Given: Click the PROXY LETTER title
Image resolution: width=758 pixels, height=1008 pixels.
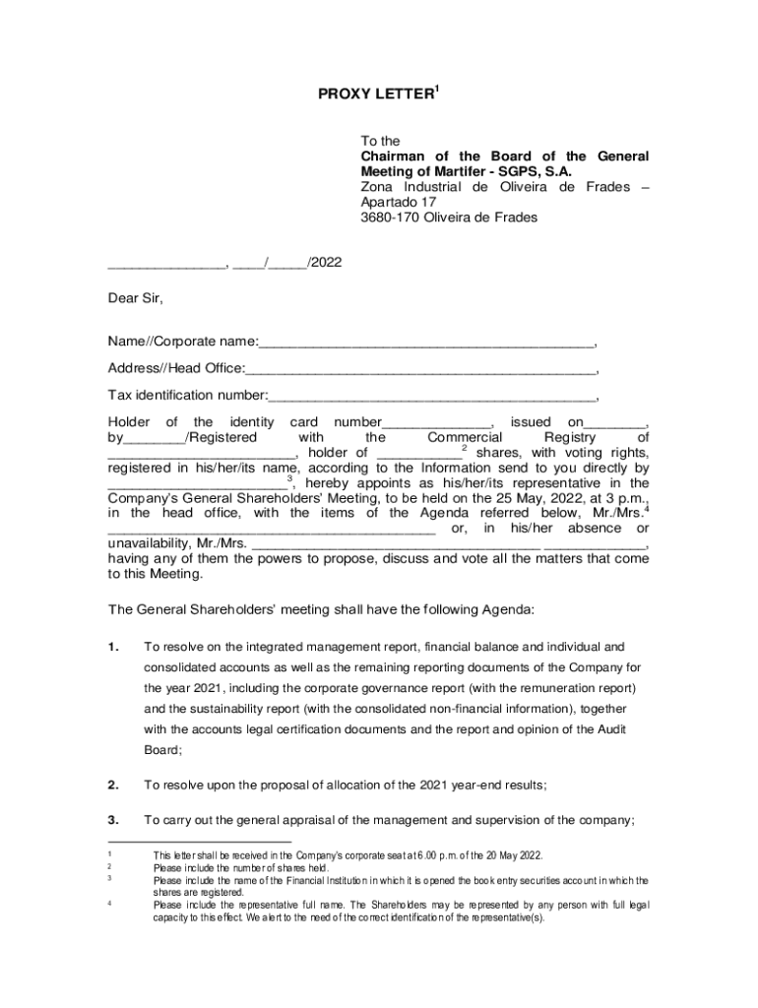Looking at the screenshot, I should tap(375, 94).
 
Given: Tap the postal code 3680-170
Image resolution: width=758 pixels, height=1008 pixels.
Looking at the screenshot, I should tap(392, 218).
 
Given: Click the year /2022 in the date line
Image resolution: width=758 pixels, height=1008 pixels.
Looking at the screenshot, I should tap(325, 263).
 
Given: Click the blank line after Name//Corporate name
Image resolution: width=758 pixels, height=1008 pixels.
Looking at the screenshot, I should tap(426, 342).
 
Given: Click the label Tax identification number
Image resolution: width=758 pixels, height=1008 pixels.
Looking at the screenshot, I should tap(186, 396).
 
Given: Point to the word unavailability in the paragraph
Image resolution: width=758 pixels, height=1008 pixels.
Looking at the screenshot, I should tap(150, 543).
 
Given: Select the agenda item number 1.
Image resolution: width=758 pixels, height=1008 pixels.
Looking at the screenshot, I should tap(114, 647).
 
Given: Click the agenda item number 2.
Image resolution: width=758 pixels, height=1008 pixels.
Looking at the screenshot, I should tap(114, 785).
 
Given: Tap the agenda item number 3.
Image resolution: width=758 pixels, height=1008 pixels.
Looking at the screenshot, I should tap(114, 820).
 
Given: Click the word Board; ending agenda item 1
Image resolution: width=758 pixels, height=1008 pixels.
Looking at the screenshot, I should tap(163, 749).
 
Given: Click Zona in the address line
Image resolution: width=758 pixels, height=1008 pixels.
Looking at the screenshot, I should tap(376, 188).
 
